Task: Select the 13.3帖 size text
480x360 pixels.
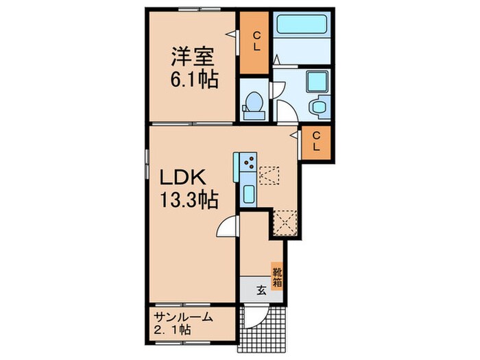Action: (189, 201)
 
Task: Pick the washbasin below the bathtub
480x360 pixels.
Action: (316, 82)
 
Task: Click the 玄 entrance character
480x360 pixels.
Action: (261, 289)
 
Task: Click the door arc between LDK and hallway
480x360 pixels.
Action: (228, 228)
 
